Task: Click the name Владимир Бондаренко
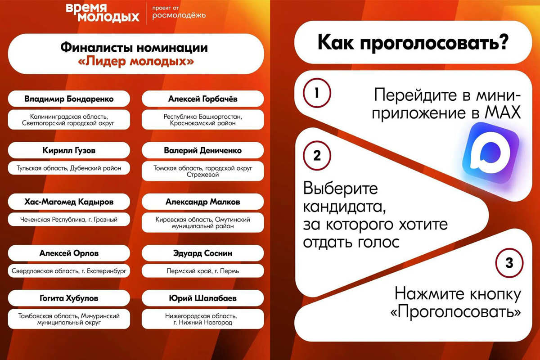(69, 99)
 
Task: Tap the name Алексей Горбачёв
(202, 99)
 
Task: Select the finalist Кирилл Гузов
(69, 150)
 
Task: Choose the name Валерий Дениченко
(202, 150)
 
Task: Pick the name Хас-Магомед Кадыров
(69, 202)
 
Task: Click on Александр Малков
(202, 202)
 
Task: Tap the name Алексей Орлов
(69, 253)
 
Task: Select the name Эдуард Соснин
(202, 253)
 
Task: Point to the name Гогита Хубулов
(69, 298)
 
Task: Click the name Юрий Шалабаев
(202, 298)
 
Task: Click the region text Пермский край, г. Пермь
(202, 271)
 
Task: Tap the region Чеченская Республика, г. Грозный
(69, 220)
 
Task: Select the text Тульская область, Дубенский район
(69, 168)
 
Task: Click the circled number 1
(317, 93)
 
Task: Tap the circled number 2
(317, 156)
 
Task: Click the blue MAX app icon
(491, 152)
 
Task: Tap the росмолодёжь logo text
(179, 16)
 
